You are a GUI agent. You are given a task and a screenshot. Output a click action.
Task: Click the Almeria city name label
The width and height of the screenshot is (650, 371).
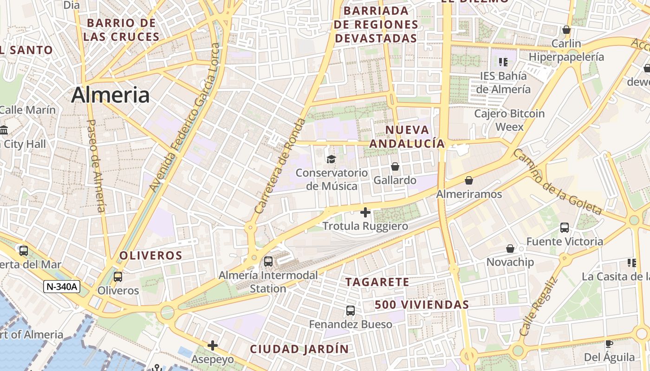(x=110, y=95)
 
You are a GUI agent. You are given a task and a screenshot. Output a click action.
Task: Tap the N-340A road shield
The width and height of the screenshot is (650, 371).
(x=62, y=287)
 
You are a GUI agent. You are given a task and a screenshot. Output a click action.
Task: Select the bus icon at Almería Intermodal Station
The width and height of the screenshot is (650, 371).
(x=268, y=261)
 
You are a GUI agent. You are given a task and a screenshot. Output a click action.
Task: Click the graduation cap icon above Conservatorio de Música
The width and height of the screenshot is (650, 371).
(x=331, y=159)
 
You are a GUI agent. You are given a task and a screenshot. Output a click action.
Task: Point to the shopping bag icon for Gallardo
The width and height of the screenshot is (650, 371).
(x=395, y=166)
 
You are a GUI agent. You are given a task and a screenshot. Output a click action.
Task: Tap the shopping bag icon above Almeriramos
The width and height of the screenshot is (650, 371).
(x=469, y=180)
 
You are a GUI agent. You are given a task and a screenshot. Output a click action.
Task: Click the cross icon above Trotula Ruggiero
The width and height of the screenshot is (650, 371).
(x=365, y=212)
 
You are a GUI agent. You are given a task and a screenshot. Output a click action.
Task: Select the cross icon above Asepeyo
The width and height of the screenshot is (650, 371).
(x=213, y=345)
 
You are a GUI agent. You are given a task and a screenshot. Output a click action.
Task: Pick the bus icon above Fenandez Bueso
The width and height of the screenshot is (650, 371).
(x=351, y=310)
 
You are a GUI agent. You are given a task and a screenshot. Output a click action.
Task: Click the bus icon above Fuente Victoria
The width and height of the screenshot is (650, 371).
(x=565, y=227)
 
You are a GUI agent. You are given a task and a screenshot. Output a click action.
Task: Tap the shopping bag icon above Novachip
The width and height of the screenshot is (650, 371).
(x=510, y=249)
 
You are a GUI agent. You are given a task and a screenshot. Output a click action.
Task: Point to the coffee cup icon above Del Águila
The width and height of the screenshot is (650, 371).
(x=609, y=344)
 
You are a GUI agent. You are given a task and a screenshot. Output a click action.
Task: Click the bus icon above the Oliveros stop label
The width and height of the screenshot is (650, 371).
(x=118, y=276)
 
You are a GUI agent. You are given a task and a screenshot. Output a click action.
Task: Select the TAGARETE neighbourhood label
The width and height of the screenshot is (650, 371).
(x=377, y=282)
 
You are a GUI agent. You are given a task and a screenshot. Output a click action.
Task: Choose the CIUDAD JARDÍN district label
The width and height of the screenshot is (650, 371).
(x=299, y=349)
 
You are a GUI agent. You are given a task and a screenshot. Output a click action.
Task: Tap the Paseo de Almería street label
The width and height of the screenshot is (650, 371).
(x=96, y=166)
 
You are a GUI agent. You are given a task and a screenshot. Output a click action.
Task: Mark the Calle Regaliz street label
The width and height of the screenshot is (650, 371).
(x=538, y=307)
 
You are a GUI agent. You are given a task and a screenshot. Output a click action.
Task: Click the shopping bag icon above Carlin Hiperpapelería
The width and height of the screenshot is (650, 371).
(x=566, y=30)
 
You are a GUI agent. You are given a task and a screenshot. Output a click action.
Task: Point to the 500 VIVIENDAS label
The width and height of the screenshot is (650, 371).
(x=422, y=305)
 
